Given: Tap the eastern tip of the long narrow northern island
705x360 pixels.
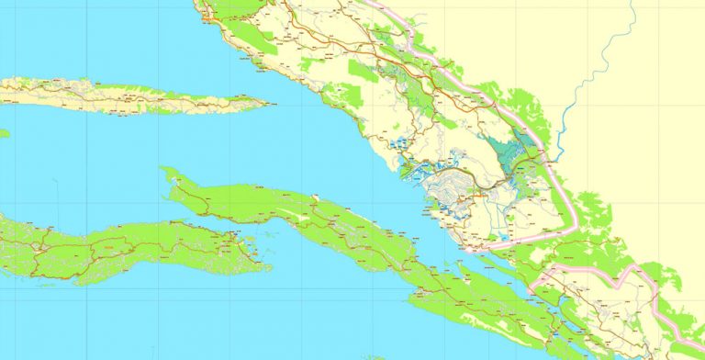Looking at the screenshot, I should click(267, 102).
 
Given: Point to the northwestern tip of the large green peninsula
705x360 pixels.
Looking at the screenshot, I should click(162, 170).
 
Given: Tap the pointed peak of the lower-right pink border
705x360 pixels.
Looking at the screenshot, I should click(632, 267).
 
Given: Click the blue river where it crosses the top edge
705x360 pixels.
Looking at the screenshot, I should click(632, 2).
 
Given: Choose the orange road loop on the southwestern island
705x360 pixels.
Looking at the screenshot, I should click(110, 247).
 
